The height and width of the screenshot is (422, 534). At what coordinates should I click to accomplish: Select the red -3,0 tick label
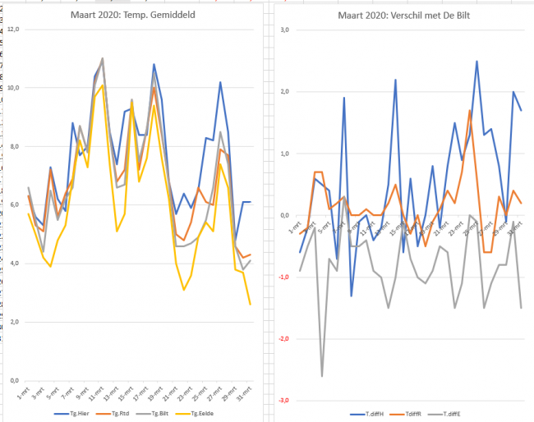(283, 400)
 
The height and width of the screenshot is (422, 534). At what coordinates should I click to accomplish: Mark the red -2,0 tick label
(283, 338)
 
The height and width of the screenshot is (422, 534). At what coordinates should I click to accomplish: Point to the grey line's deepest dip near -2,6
(321, 376)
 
